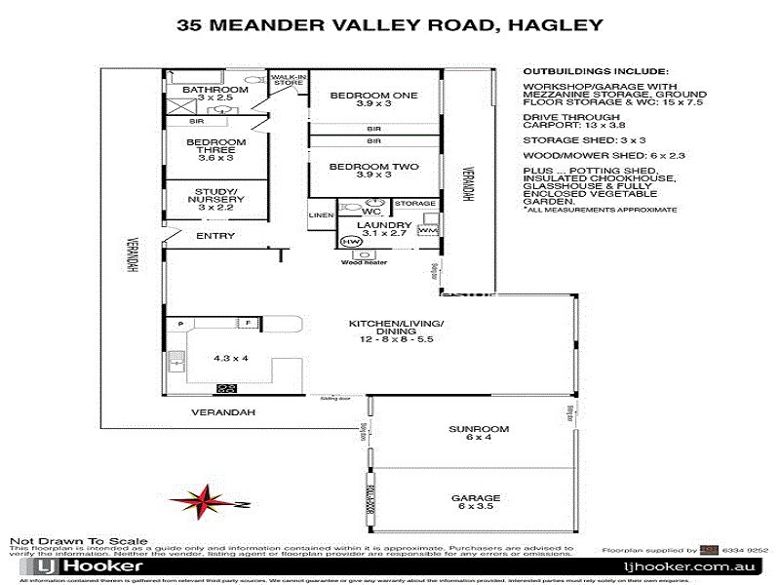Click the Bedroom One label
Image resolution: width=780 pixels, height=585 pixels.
click(x=359, y=95)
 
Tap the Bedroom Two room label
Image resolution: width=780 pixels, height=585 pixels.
click(x=359, y=167)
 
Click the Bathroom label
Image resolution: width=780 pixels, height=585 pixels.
click(x=214, y=91)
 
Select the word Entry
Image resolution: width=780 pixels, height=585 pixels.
click(x=215, y=236)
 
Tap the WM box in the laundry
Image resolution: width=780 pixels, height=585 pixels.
click(x=428, y=231)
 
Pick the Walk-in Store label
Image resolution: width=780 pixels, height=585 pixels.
click(x=289, y=80)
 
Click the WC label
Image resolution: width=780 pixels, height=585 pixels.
click(x=370, y=211)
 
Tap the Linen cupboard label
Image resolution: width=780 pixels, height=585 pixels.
click(x=322, y=215)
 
